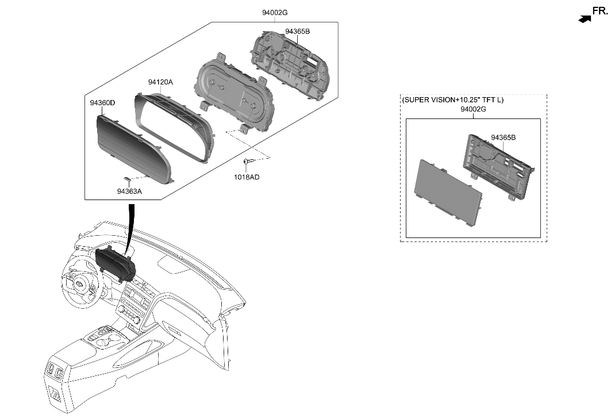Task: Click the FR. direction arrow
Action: pyautogui.click(x=585, y=19)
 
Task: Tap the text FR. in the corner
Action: pyautogui.click(x=600, y=10)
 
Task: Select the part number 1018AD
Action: pyautogui.click(x=247, y=177)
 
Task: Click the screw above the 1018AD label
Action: pyautogui.click(x=247, y=162)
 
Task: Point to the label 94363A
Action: pyautogui.click(x=129, y=191)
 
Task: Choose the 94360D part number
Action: pyautogui.click(x=102, y=103)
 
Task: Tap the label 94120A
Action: pyautogui.click(x=160, y=82)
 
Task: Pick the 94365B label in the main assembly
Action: pyautogui.click(x=297, y=32)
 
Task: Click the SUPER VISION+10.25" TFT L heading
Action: pyautogui.click(x=452, y=99)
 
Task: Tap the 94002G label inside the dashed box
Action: pyautogui.click(x=473, y=109)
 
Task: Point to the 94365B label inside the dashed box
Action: pyautogui.click(x=503, y=137)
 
